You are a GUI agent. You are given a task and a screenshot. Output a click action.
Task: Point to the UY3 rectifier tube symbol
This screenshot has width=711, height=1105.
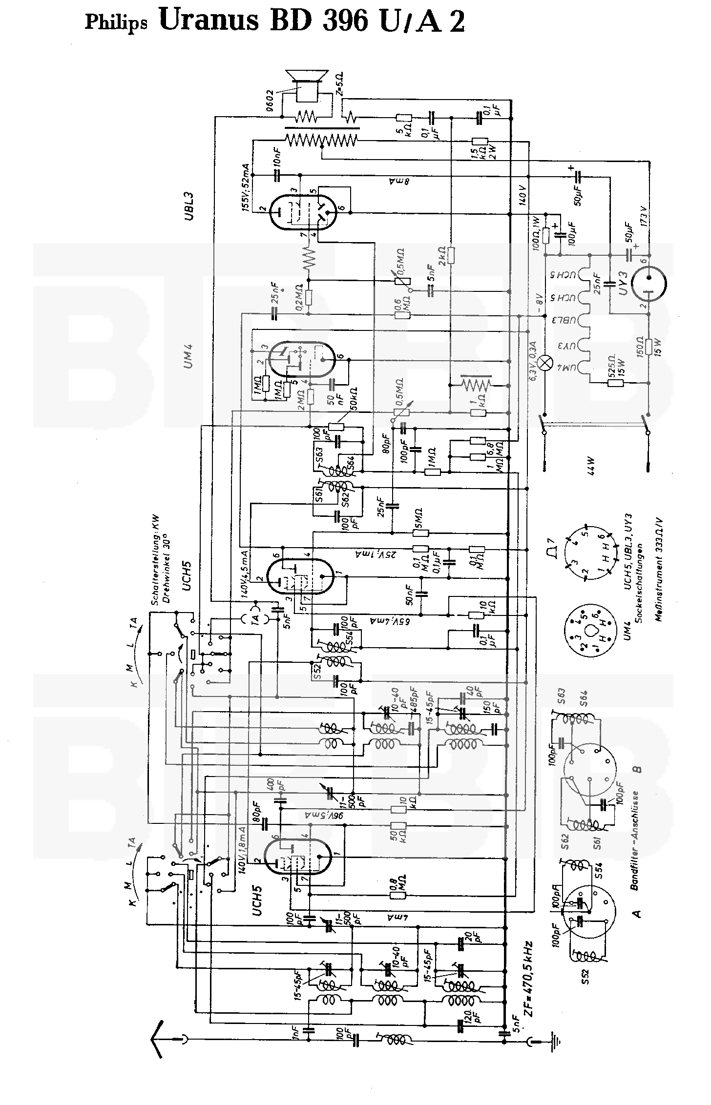click(x=648, y=281)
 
